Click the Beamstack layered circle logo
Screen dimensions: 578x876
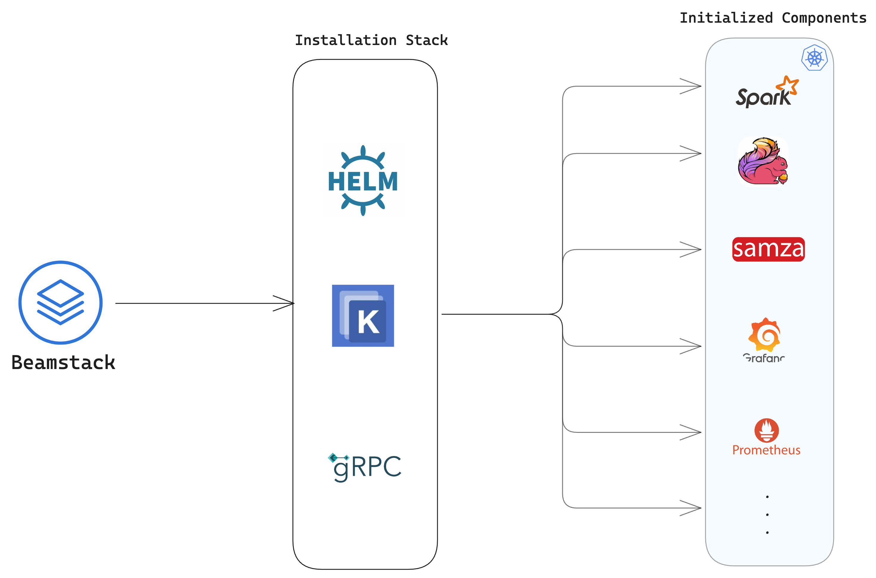[60, 303]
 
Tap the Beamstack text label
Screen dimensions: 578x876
[63, 362]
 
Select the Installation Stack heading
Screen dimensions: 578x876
[371, 40]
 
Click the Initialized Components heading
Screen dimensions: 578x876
[773, 18]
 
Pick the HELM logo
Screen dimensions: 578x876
[363, 180]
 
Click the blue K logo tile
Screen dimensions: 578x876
[363, 316]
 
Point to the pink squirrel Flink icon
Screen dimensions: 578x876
[763, 162]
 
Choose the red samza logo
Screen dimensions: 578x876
[768, 249]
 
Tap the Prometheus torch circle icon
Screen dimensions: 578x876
[767, 430]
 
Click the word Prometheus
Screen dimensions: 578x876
[766, 450]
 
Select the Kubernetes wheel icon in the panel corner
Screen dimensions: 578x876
[815, 58]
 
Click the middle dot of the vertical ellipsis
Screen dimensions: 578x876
[767, 515]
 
